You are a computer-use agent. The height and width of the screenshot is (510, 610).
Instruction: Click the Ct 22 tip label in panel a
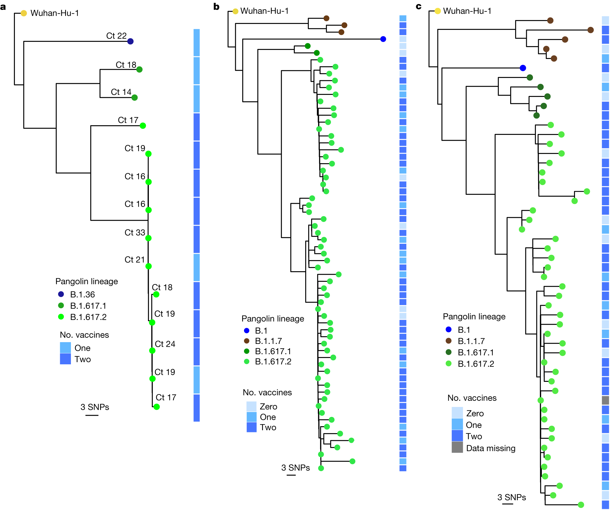(116, 36)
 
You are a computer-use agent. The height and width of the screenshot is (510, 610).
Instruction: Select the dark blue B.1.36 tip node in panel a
(130, 41)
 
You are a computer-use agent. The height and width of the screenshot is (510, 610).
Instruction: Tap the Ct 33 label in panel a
(135, 233)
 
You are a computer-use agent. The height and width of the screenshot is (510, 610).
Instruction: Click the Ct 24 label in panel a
(165, 344)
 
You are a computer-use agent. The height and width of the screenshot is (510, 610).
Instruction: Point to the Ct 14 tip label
(121, 92)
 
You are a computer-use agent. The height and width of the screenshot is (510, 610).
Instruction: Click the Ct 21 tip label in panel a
(135, 260)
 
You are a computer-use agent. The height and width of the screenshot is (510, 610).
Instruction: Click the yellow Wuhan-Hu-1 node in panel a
(24, 13)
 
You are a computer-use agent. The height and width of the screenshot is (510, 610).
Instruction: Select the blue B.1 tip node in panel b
(383, 39)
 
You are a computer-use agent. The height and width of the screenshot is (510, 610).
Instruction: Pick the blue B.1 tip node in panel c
(523, 68)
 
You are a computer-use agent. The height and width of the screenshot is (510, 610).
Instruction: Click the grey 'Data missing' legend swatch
(457, 447)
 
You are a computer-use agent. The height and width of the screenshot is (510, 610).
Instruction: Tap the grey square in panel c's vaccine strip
(605, 400)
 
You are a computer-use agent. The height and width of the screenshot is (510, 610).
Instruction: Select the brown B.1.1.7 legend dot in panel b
(247, 341)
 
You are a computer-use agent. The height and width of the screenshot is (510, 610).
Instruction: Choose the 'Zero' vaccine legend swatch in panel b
(251, 406)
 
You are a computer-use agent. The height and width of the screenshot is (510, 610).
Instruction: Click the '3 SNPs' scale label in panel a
(95, 407)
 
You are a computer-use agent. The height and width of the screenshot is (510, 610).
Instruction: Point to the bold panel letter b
(216, 6)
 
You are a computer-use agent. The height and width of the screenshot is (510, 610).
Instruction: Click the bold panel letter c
(419, 6)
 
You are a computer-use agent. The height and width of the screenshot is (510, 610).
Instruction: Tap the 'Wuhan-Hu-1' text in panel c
(467, 11)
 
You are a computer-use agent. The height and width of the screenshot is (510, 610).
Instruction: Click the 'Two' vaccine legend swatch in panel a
(65, 359)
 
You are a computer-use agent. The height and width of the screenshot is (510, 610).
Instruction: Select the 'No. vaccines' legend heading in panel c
(472, 398)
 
